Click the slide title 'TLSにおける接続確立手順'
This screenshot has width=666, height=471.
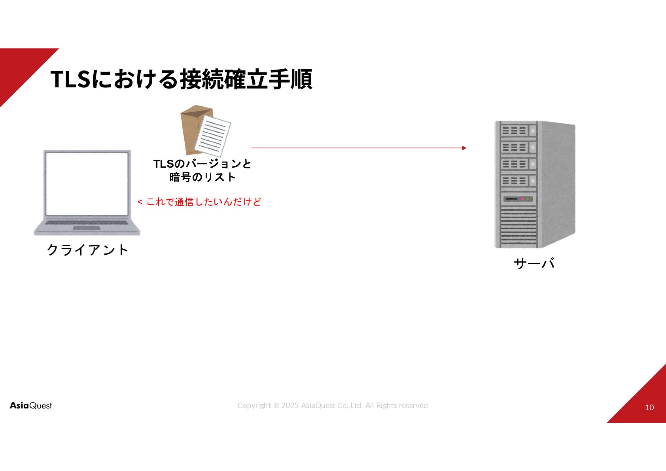click(181, 79)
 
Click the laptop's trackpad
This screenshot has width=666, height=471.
click(87, 228)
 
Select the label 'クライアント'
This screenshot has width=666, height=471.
click(87, 250)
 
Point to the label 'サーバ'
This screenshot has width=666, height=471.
click(534, 263)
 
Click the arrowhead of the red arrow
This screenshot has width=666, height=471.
click(464, 148)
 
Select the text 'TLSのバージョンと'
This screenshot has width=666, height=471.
click(202, 164)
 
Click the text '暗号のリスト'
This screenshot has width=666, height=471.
click(202, 177)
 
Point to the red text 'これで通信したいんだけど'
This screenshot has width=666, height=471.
click(204, 202)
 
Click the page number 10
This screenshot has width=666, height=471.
click(649, 407)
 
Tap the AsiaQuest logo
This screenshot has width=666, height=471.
click(31, 405)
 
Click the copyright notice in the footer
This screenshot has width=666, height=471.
click(332, 405)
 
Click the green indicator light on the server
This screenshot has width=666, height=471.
click(528, 199)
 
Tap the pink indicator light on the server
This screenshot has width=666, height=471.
click(522, 199)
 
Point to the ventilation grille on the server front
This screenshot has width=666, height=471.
click(518, 227)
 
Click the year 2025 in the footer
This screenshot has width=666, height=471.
click(289, 405)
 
